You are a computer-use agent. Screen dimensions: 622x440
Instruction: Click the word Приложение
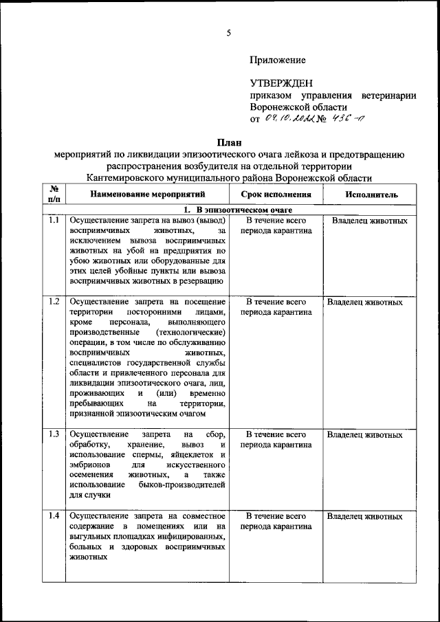click(x=278, y=61)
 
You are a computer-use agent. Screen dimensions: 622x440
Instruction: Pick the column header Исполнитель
click(x=371, y=195)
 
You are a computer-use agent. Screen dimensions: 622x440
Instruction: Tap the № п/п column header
click(x=54, y=194)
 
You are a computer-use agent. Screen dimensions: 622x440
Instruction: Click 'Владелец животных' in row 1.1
click(x=369, y=221)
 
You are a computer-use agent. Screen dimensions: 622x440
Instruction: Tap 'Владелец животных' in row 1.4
click(x=364, y=515)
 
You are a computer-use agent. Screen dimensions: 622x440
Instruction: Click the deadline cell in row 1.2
click(x=275, y=307)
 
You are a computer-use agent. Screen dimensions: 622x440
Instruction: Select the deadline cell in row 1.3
click(x=275, y=440)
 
